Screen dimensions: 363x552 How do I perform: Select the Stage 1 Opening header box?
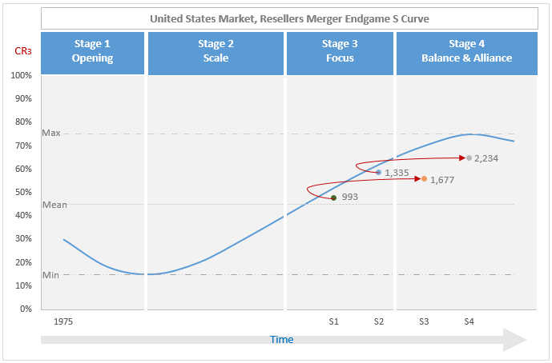(x=92, y=51)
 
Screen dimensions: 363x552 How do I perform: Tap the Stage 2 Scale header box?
(x=216, y=51)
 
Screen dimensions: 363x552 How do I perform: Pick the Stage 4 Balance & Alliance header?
(x=466, y=51)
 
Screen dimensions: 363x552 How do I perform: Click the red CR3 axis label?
(x=23, y=51)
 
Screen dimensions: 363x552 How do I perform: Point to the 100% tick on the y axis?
(x=22, y=75)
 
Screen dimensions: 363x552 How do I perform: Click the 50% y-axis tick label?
(x=22, y=192)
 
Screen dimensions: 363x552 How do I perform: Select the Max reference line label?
(x=50, y=134)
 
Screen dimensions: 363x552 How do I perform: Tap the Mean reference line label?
(x=54, y=205)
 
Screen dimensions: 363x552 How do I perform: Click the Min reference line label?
(x=50, y=275)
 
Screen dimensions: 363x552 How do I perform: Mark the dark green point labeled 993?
(x=333, y=197)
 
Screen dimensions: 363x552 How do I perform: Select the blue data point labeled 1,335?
(x=378, y=172)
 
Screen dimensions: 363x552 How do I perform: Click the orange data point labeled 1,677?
(x=424, y=179)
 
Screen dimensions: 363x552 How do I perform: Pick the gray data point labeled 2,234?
(x=469, y=158)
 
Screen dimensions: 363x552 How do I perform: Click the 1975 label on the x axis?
(x=63, y=321)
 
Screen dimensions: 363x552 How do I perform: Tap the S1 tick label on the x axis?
(x=334, y=321)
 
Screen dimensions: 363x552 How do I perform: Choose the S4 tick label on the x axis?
(x=469, y=321)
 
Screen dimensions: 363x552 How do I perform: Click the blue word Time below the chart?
(x=281, y=340)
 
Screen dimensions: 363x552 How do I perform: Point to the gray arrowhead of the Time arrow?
(x=514, y=340)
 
